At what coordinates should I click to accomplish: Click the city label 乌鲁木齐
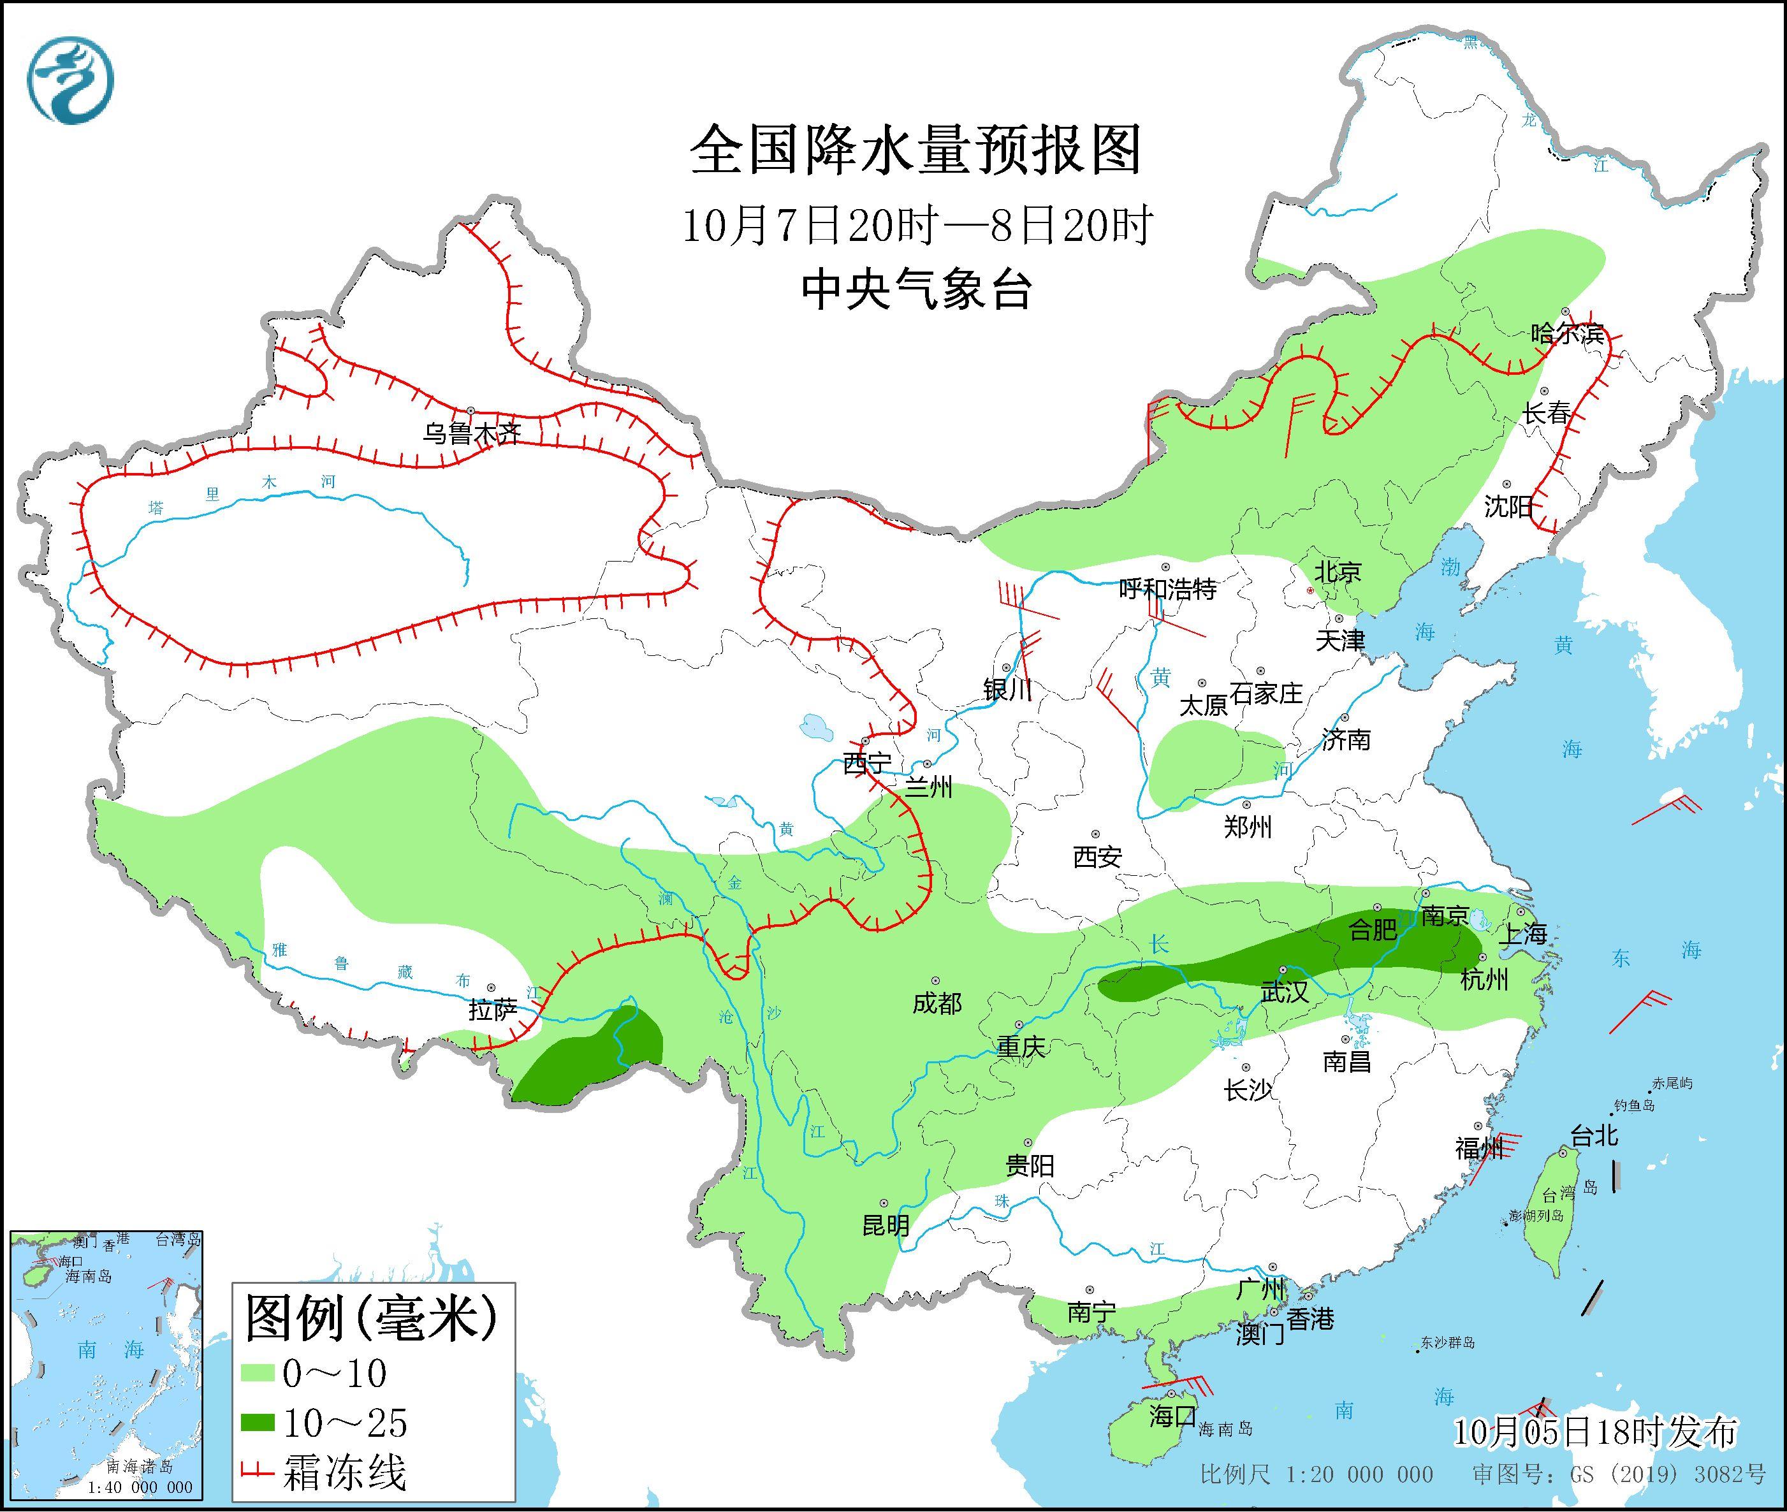(470, 433)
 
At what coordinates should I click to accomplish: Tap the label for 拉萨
(493, 1010)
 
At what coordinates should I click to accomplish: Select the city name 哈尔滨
(1566, 333)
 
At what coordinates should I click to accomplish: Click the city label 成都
(937, 1003)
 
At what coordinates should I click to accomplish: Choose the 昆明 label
(886, 1225)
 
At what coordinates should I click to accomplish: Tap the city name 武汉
(1284, 992)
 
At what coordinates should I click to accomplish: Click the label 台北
(1593, 1137)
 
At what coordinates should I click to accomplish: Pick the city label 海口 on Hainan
(1172, 1416)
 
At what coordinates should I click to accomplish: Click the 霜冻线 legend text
(344, 1472)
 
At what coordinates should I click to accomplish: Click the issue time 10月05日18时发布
(1595, 1432)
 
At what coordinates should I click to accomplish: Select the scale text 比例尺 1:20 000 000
(1317, 1474)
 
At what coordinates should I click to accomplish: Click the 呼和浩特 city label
(1167, 589)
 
